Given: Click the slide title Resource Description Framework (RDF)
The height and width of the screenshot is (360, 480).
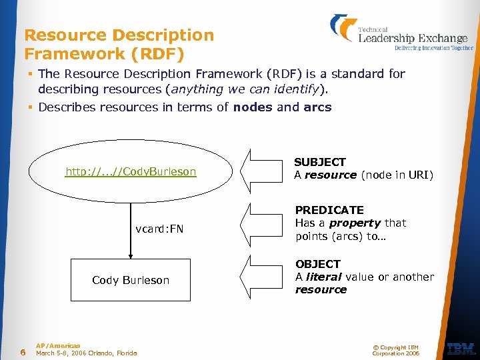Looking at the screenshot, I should pos(119,43).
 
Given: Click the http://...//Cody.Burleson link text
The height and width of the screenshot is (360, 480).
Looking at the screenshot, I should pos(131,172).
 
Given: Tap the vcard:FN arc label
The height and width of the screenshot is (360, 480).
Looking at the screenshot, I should pos(159,229).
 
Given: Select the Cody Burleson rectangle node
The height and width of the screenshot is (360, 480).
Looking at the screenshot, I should pos(131,280).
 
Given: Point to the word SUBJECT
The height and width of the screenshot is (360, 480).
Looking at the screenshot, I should pos(320,162).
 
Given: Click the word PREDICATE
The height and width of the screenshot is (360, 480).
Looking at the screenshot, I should pos(329,210).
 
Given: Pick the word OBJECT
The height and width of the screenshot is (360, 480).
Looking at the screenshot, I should pos(318,264).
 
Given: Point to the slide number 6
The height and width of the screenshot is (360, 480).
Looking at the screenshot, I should pos(23,352).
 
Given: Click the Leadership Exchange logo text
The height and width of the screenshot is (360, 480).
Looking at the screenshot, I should pos(413,38).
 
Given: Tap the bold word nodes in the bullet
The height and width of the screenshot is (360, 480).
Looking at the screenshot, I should pos(253,107).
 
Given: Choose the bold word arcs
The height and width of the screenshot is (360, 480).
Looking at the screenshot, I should pos(317,107).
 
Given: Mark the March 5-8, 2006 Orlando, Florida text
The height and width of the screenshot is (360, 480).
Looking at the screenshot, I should pos(86,353).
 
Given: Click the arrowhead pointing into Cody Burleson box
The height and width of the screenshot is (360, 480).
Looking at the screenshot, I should pos(131,254).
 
